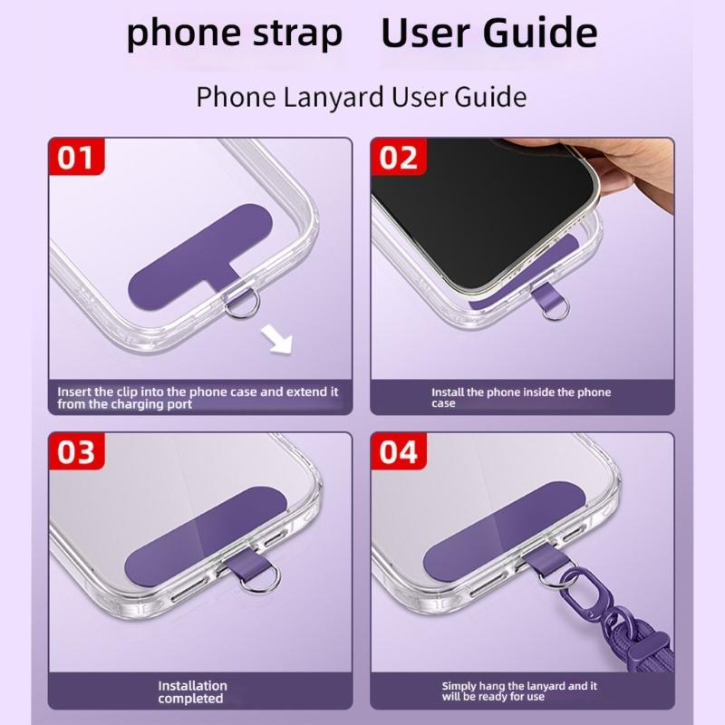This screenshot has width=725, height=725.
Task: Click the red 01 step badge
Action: pos(76,157)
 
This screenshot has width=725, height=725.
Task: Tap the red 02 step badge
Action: pos(399,157)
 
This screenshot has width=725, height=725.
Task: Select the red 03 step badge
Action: pos(76,451)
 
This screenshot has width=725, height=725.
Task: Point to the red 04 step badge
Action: pos(399,451)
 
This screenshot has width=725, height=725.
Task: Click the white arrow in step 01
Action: pos(277,339)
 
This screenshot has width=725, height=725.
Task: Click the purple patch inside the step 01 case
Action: pos(198,257)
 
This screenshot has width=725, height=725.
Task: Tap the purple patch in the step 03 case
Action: pos(206,536)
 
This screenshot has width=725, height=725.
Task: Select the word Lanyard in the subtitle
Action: pos(333,97)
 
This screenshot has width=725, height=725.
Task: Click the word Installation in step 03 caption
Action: pos(192,686)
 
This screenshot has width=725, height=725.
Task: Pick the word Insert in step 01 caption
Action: pos(73,392)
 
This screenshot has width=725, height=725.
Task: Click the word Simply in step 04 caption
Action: pos(459,687)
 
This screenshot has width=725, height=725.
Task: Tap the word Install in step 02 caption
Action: pos(448,392)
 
